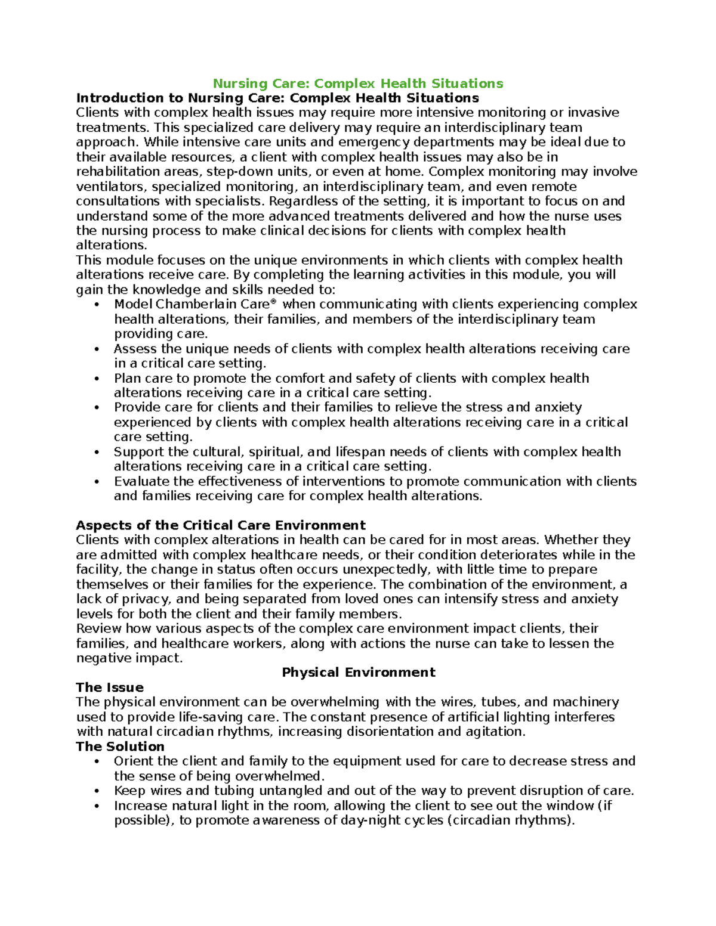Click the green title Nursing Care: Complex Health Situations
click(358, 83)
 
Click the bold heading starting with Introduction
click(277, 98)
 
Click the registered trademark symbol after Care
click(273, 302)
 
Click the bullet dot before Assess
click(97, 349)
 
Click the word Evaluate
click(141, 482)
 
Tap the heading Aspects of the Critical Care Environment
click(220, 525)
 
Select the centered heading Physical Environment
click(358, 673)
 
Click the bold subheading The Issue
click(110, 687)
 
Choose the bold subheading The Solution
click(120, 747)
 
